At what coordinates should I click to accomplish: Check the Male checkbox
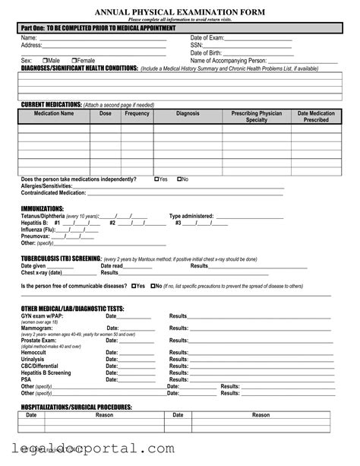44,60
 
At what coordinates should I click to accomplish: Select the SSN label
196,45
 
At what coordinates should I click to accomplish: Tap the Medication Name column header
54,113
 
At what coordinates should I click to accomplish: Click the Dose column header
105,113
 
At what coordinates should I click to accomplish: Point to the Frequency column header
137,113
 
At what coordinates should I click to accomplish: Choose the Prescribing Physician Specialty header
257,116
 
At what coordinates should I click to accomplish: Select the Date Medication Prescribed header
316,116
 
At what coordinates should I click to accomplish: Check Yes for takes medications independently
156,179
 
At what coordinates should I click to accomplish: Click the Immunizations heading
43,208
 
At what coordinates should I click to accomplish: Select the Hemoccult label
36,353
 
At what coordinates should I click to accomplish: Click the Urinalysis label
35,360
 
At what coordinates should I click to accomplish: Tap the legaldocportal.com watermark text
93,449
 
